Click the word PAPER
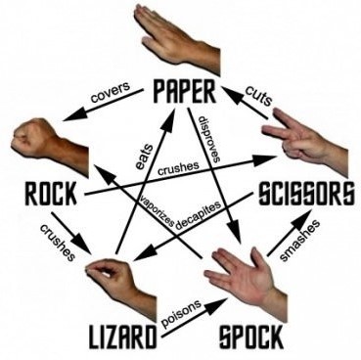184,91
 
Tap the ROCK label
51,194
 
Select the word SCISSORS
305,194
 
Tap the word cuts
258,95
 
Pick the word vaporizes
157,211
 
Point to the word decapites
199,215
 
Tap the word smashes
299,241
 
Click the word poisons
181,313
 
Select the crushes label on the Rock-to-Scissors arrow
178,168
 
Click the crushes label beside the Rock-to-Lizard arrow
58,243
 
